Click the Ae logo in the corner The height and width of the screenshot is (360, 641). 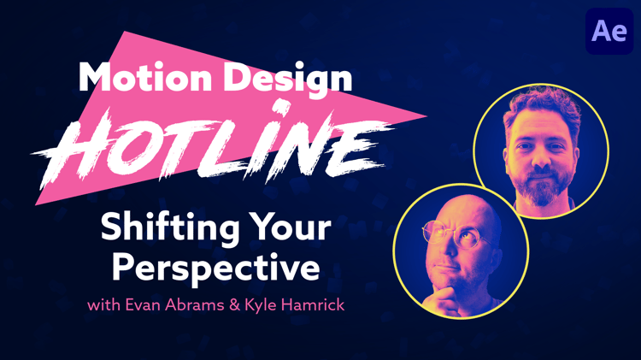click(x=609, y=31)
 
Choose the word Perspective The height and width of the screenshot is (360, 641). click(x=216, y=269)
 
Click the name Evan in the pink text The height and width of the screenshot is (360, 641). click(x=143, y=304)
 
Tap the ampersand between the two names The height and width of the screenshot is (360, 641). click(x=235, y=305)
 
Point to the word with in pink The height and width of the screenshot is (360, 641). click(x=103, y=305)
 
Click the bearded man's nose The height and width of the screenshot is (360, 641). click(x=542, y=158)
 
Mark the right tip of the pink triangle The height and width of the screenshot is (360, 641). click(x=427, y=115)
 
